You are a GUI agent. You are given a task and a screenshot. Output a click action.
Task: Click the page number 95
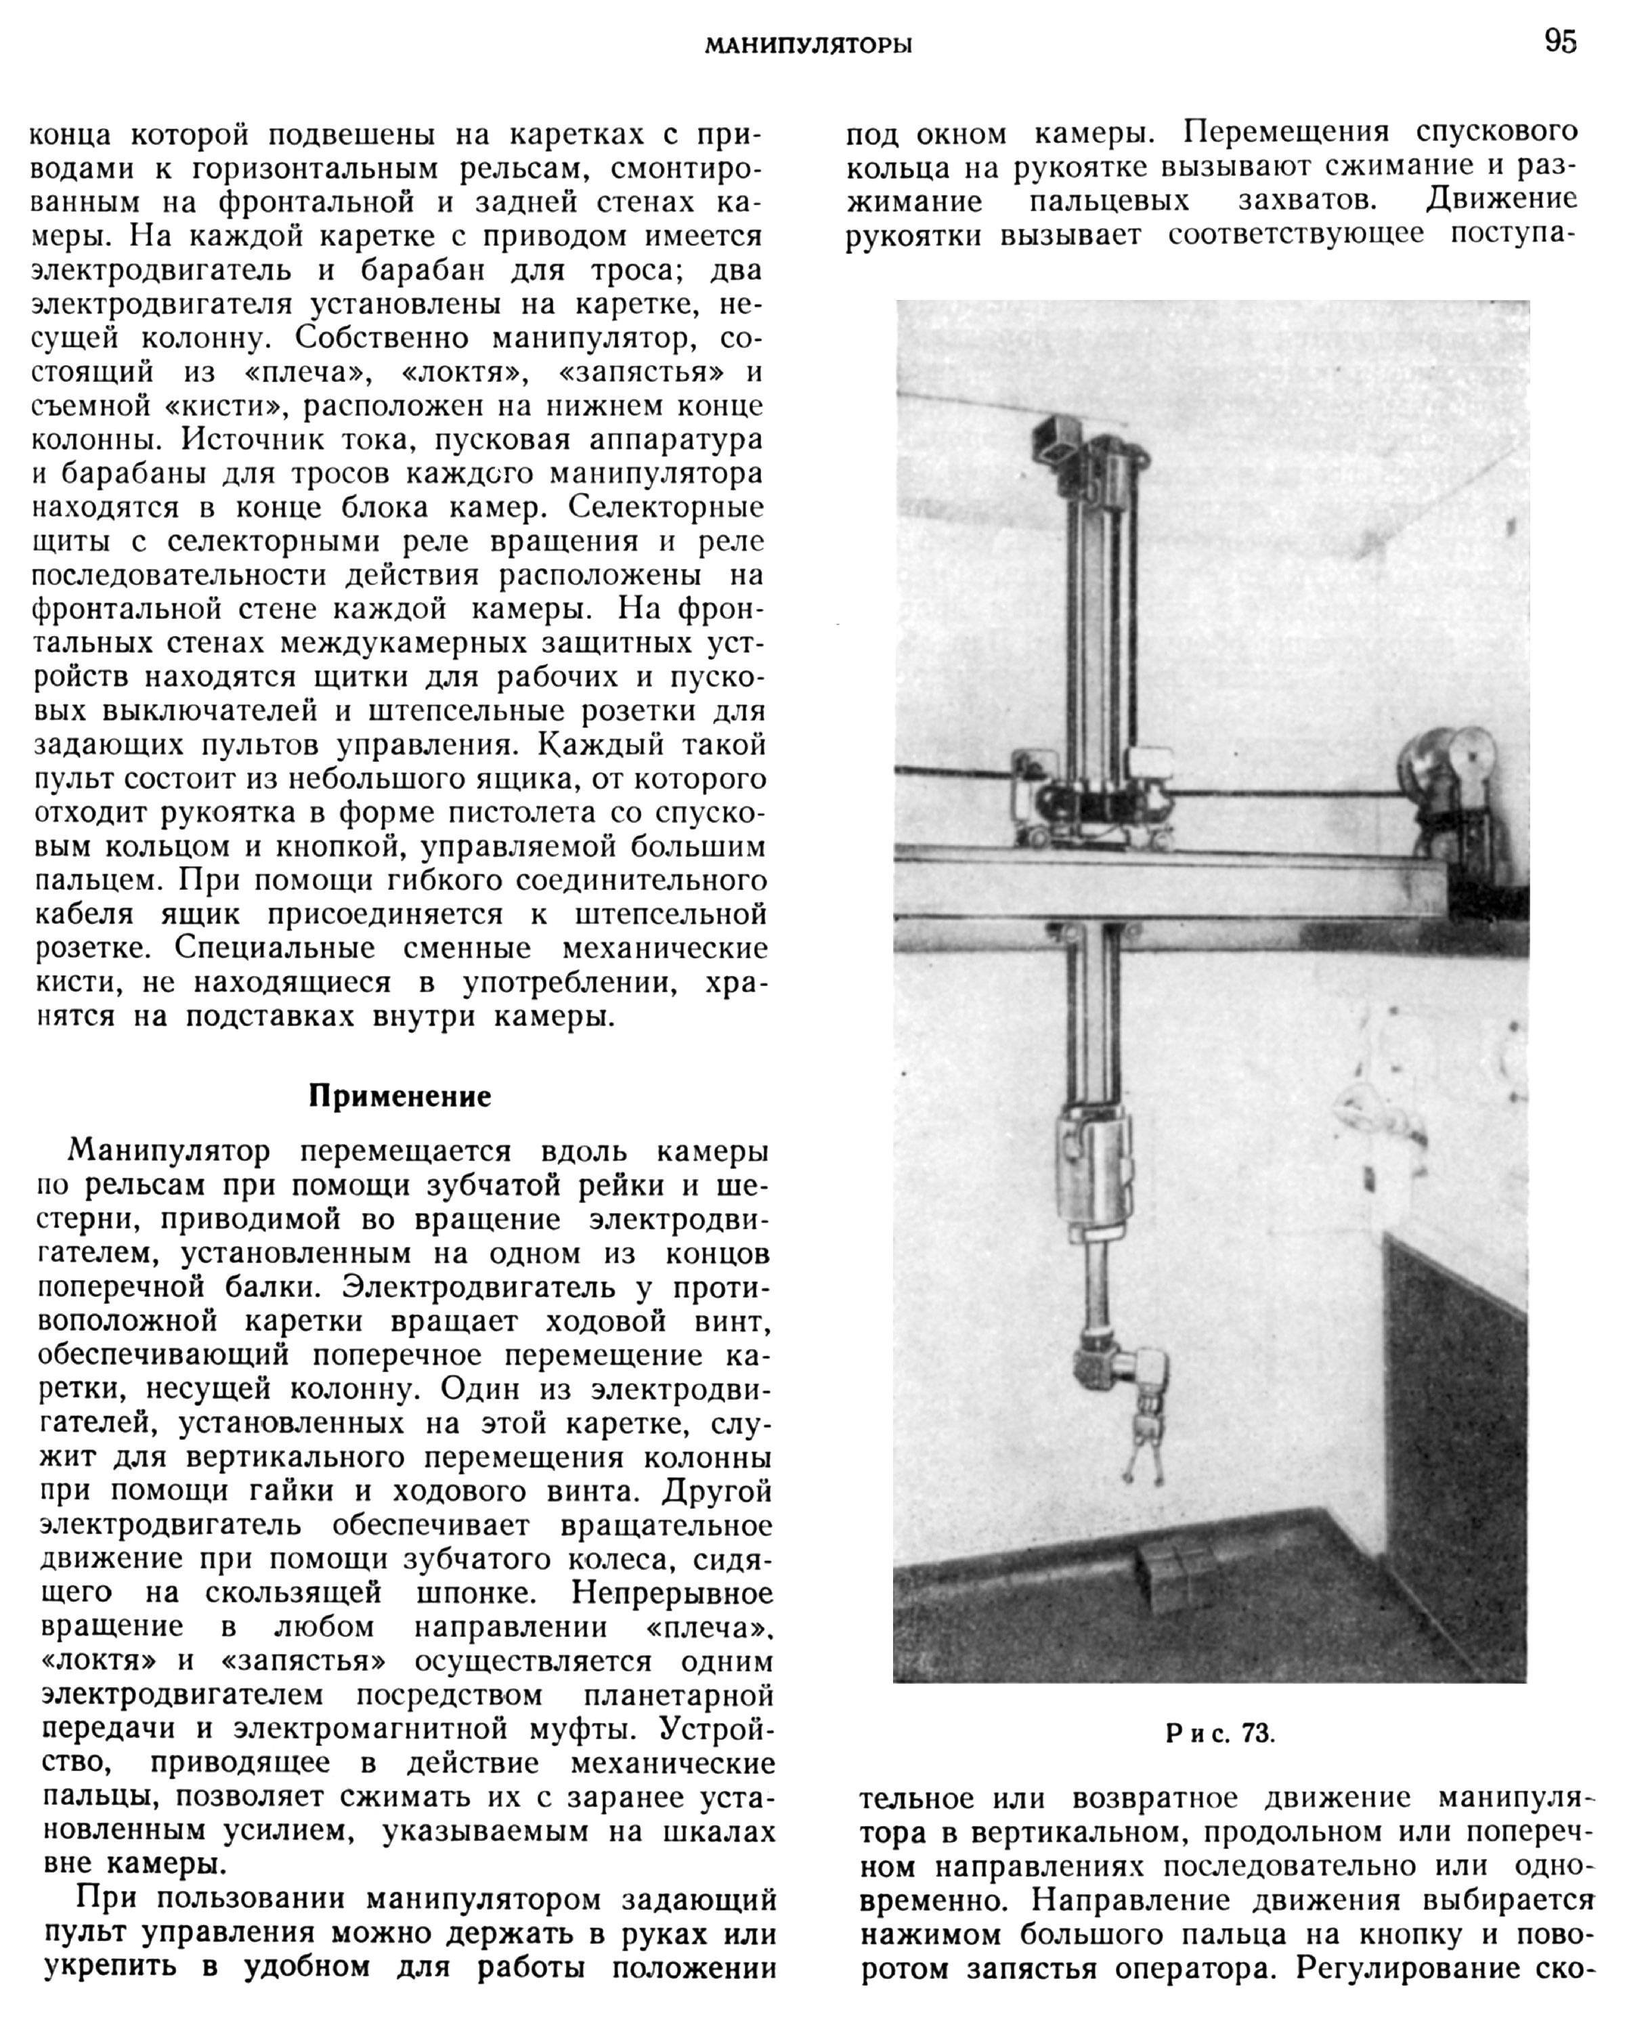pos(1559,42)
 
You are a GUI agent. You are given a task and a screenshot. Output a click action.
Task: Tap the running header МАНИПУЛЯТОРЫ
pos(808,45)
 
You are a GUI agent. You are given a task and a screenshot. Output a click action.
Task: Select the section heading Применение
pos(399,1096)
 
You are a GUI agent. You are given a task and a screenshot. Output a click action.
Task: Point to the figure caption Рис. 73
pos(1219,1735)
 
